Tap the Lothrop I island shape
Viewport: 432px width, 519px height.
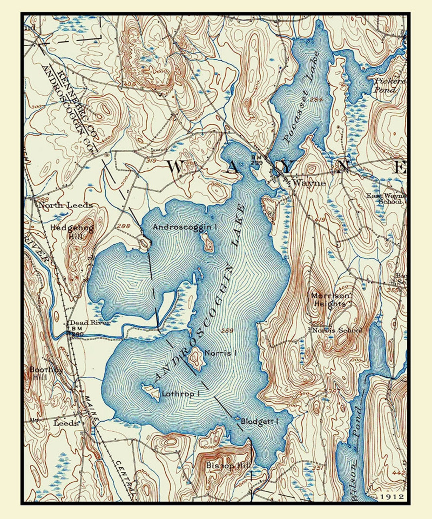tap(150, 391)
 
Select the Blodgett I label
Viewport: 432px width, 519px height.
tap(259, 421)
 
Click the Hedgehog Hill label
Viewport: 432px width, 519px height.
tap(72, 232)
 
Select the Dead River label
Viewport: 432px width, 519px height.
tap(90, 322)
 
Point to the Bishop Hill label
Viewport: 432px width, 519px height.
tap(228, 465)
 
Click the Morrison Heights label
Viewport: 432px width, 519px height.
tap(330, 300)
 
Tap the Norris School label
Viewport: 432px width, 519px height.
tap(337, 330)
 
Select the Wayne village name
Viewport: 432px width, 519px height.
tap(309, 183)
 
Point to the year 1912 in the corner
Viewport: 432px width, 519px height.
tap(392, 497)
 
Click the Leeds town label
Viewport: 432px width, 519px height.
tap(66, 423)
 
